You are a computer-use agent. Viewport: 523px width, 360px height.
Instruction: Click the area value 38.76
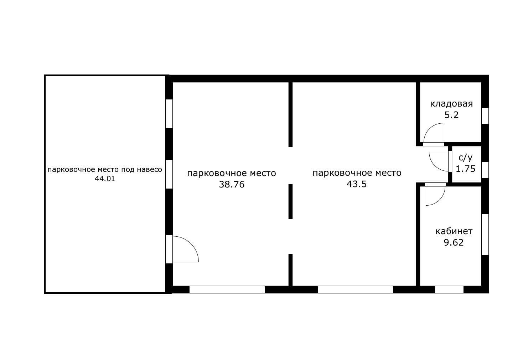point(232,185)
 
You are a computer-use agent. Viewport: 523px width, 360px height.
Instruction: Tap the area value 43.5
point(357,184)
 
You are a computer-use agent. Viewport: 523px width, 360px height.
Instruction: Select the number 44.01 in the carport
point(105,179)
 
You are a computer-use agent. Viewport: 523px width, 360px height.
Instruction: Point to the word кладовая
point(451,104)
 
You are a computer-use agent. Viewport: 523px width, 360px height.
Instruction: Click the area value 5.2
point(451,115)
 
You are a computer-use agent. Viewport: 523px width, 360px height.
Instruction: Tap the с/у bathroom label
point(465,158)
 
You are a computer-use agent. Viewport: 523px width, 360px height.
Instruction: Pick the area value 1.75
point(465,169)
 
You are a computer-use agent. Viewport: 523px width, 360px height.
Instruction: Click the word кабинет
point(454,231)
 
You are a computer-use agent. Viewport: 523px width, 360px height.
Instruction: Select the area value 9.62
point(454,242)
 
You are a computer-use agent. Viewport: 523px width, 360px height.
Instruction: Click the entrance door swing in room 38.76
point(191,244)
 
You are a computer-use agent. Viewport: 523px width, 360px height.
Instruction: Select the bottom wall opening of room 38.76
point(227,289)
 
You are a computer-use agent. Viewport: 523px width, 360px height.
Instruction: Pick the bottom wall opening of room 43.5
point(355,289)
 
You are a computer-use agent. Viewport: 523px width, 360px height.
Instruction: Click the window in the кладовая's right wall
point(485,116)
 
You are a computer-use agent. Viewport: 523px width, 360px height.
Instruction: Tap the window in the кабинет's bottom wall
point(449,289)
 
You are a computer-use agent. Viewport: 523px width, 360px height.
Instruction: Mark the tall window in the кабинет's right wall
point(485,235)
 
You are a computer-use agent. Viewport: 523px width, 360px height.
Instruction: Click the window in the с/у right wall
point(485,170)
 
